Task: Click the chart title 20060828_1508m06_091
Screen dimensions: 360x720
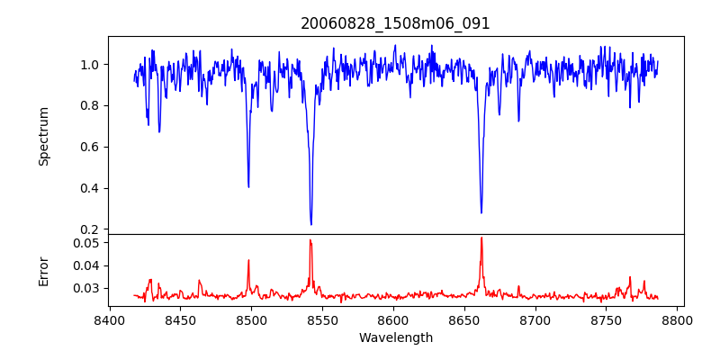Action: [395, 23]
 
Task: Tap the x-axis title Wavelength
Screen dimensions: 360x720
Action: [395, 338]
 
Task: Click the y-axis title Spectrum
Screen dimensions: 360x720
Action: [44, 136]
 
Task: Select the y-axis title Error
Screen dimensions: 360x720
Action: [44, 270]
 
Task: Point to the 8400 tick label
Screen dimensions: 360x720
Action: [109, 320]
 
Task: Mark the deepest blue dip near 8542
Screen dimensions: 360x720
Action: [310, 224]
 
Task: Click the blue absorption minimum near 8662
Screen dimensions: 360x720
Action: [481, 213]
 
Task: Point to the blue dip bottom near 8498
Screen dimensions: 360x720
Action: [248, 186]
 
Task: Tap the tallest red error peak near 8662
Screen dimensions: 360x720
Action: [481, 238]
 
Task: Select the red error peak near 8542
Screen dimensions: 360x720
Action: [310, 239]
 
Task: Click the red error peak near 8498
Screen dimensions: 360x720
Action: [248, 260]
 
